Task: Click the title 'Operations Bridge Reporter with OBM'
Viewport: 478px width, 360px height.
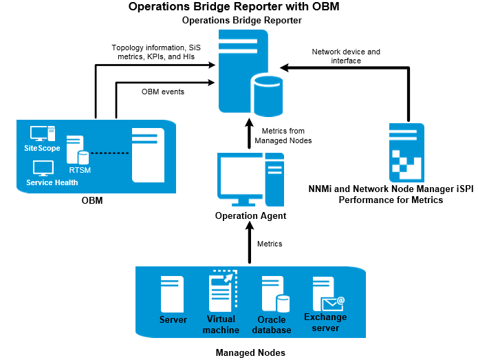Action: click(x=233, y=8)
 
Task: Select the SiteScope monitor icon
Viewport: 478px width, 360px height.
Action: click(x=42, y=134)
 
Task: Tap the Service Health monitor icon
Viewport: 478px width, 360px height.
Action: click(x=43, y=168)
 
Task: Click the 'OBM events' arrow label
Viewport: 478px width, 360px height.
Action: click(x=162, y=92)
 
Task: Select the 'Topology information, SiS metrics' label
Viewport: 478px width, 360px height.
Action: click(x=153, y=52)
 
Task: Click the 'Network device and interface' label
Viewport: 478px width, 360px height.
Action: click(x=345, y=56)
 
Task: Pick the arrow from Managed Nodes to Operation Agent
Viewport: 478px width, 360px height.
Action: click(x=249, y=244)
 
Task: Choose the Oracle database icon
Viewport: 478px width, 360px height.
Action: click(x=273, y=295)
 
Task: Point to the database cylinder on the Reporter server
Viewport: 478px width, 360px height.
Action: click(x=267, y=95)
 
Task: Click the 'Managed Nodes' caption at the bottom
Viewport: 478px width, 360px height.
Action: click(x=250, y=352)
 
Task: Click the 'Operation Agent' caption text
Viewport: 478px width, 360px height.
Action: click(x=250, y=216)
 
